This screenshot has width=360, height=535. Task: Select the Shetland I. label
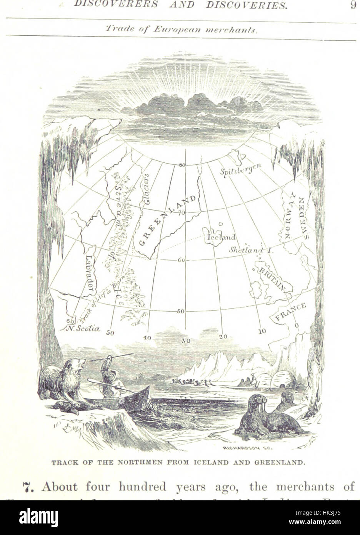point(250,250)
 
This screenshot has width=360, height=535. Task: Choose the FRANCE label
point(290,311)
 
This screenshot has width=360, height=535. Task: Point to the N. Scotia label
point(83,329)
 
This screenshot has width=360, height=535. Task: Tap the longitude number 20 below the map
point(223,336)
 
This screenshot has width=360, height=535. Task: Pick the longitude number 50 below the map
point(110,333)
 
